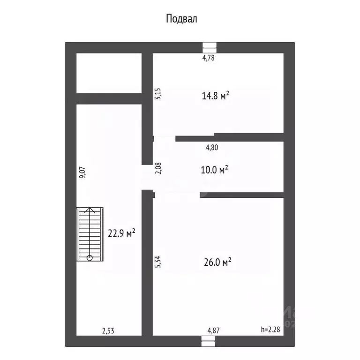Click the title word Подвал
181,19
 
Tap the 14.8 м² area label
216,97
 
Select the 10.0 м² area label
215,170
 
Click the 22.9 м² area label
121,232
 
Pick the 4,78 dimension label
208,58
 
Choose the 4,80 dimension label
212,147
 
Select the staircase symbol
90,234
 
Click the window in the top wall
209,47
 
